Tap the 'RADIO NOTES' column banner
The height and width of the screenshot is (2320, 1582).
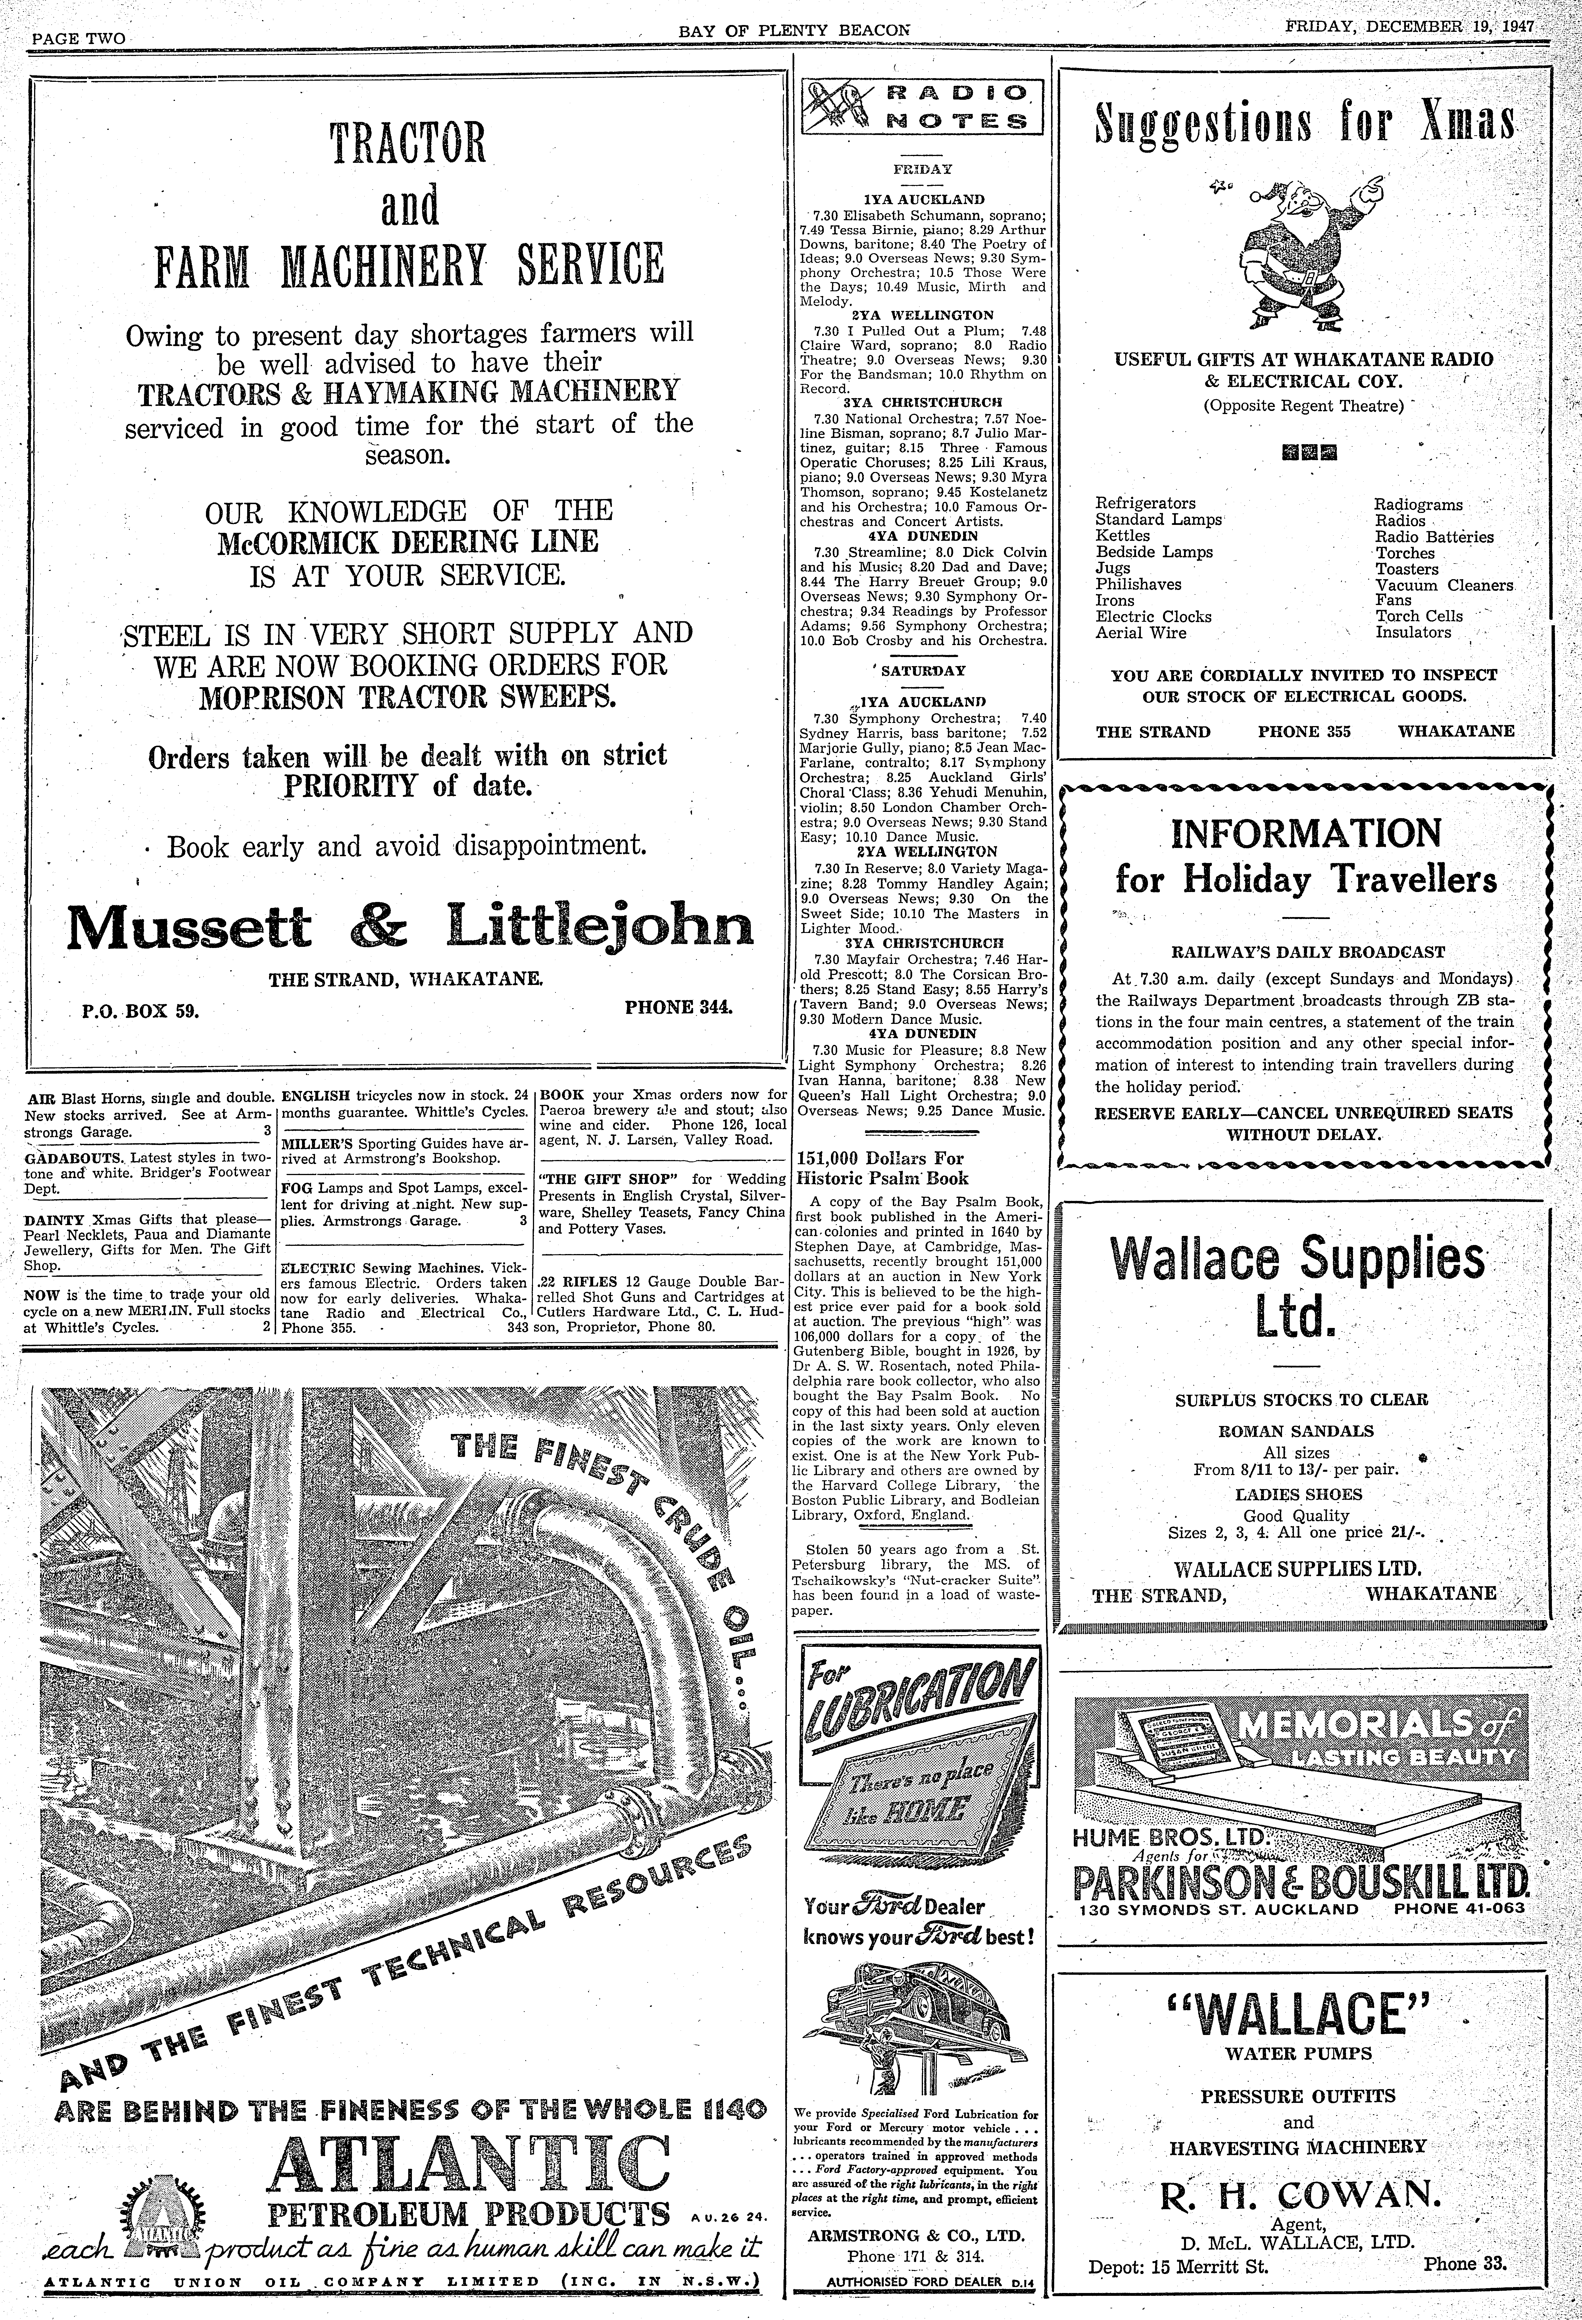pyautogui.click(x=921, y=107)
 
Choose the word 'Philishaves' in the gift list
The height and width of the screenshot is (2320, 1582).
pyautogui.click(x=1138, y=584)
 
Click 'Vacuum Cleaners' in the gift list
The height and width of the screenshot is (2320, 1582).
pyautogui.click(x=1443, y=585)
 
